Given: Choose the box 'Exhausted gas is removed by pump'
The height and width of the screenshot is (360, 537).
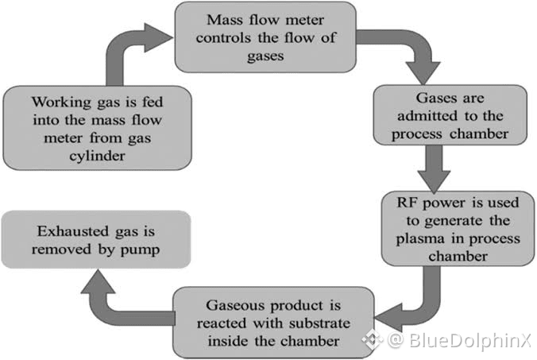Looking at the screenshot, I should (x=95, y=238).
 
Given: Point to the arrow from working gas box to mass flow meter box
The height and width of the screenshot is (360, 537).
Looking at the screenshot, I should (x=127, y=52).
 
